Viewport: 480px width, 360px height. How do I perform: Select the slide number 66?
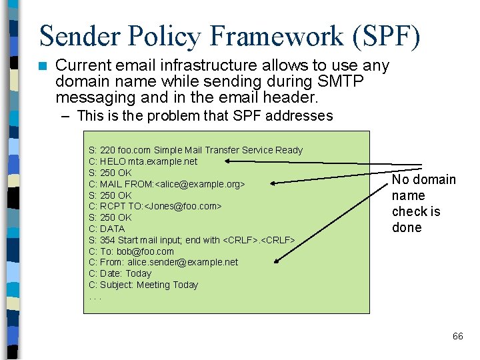[457, 336]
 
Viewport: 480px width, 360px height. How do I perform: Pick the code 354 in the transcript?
[107, 240]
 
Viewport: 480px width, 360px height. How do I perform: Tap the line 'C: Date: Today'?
[120, 273]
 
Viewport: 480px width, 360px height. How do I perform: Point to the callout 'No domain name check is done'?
[423, 203]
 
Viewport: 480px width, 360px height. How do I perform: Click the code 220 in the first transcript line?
[107, 150]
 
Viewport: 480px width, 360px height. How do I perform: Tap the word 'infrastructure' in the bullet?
[192, 65]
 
